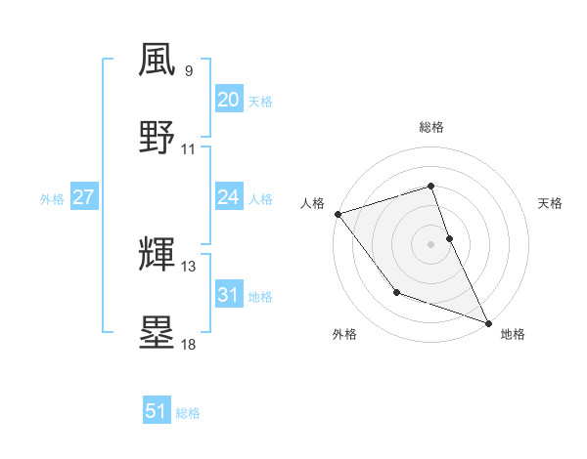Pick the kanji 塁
tap(158, 332)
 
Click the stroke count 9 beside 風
tap(189, 71)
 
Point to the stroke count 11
tap(189, 149)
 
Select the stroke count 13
tap(189, 267)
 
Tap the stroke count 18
tap(189, 345)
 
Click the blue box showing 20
tap(228, 100)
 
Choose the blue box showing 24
tap(228, 197)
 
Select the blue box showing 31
tap(228, 295)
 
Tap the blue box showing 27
tap(83, 197)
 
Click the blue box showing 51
tap(157, 411)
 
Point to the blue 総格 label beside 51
tap(188, 413)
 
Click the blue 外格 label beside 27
tap(52, 199)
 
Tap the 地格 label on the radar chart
tap(513, 334)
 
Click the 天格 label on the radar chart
tap(551, 203)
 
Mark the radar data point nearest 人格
tap(338, 214)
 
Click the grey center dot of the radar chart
tap(430, 243)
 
